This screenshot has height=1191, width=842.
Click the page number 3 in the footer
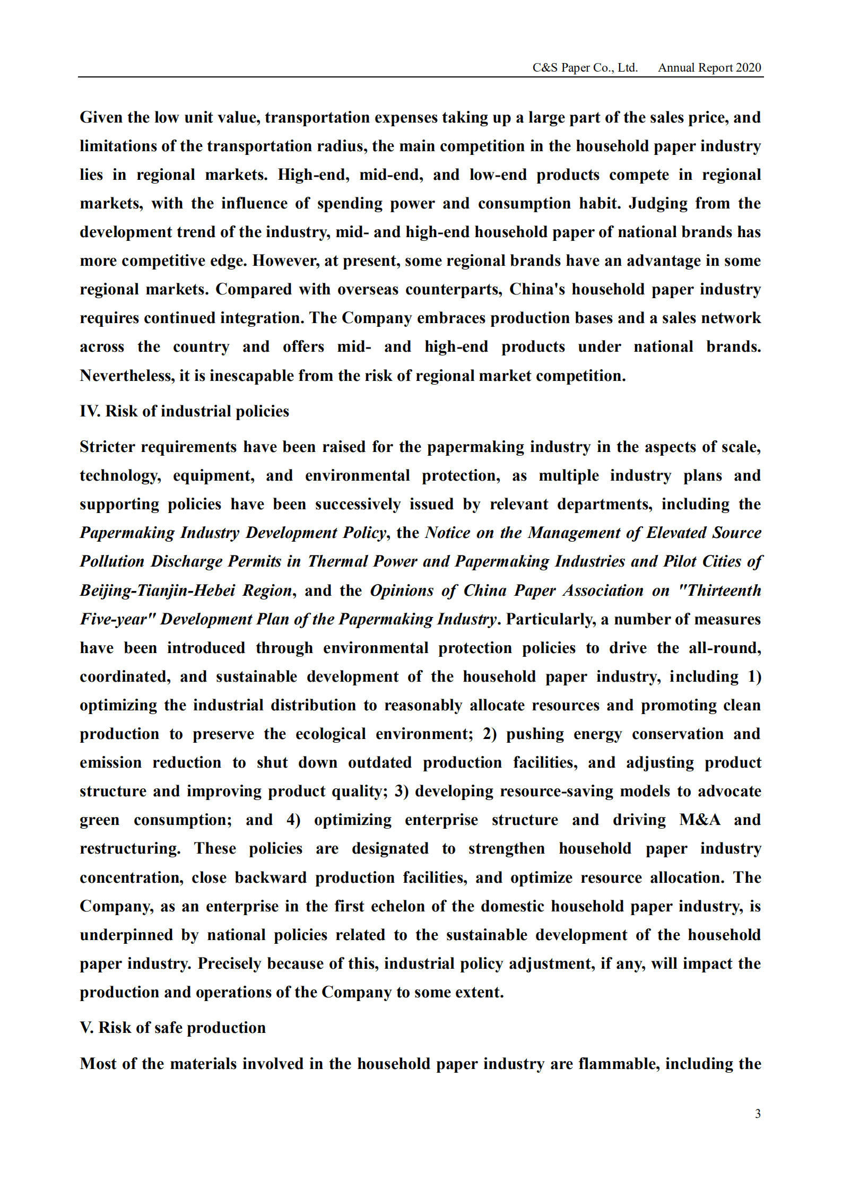pos(758,1114)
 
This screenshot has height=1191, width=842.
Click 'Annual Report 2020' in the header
pos(709,68)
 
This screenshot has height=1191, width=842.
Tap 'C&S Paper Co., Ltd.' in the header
pos(585,68)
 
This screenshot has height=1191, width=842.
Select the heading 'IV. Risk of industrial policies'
pos(184,411)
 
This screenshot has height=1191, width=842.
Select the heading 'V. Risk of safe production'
pos(172,1028)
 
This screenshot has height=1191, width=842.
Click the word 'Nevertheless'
pos(127,376)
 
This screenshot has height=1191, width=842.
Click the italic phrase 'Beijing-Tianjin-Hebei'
pos(157,590)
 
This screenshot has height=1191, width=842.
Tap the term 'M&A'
pos(700,820)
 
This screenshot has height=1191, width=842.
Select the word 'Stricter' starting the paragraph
pos(107,447)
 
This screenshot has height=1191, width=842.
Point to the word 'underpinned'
pos(126,935)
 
